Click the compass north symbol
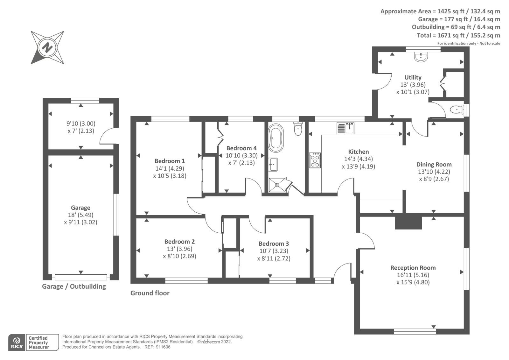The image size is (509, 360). tap(47, 48)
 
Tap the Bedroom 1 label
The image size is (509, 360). tap(170, 161)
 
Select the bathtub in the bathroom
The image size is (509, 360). tap(275, 138)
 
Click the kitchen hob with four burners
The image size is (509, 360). tap(315, 160)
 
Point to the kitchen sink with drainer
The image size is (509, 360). tap(345, 128)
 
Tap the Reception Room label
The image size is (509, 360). tap(413, 268)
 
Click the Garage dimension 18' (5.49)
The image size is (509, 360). tap(80, 215)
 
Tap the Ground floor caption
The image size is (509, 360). tap(150, 293)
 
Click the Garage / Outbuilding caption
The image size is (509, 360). tap(74, 286)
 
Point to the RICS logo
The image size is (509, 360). tap(17, 342)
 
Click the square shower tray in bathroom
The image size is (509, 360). tap(277, 185)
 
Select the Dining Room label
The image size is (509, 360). tap(434, 165)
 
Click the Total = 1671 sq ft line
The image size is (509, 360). tap(458, 35)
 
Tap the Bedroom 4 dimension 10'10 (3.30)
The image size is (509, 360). tap(241, 156)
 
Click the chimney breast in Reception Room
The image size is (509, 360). tap(408, 222)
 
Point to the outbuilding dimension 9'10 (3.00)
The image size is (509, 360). tap(81, 124)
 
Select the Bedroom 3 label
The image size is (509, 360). tap(274, 244)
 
